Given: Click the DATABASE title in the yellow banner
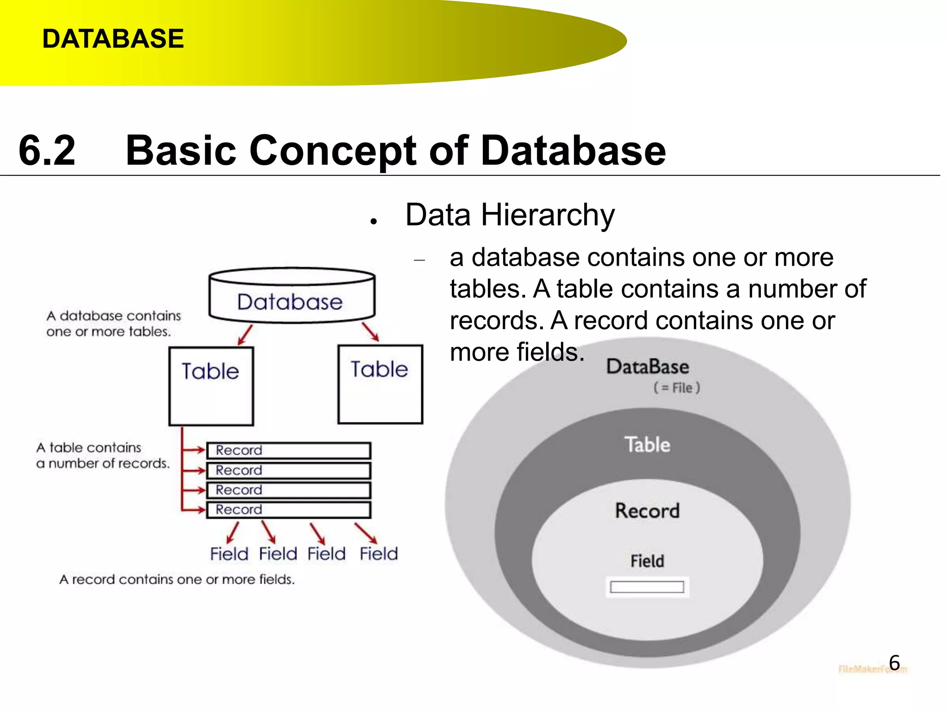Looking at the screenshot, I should [113, 38].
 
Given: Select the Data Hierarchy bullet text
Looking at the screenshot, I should [510, 215].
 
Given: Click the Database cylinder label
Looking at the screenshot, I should [290, 302].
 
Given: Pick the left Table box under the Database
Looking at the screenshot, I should [211, 386].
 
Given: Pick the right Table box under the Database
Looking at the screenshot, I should [380, 384].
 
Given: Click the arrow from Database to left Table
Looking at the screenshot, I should [245, 334].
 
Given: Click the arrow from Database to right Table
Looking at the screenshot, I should [370, 331].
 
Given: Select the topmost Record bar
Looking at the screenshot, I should [288, 450].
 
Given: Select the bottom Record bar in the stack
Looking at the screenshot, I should [288, 510].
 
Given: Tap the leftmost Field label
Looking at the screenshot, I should [229, 554].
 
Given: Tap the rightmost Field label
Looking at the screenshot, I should [379, 554].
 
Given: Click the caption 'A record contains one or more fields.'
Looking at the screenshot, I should [177, 580].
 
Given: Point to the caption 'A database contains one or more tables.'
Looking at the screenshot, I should [113, 324].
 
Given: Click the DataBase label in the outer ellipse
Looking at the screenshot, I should [648, 367].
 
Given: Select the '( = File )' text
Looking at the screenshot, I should [677, 388].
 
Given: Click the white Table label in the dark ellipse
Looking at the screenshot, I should [647, 444].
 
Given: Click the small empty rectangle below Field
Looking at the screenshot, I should [647, 587].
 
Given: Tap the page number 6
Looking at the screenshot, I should [894, 663].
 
